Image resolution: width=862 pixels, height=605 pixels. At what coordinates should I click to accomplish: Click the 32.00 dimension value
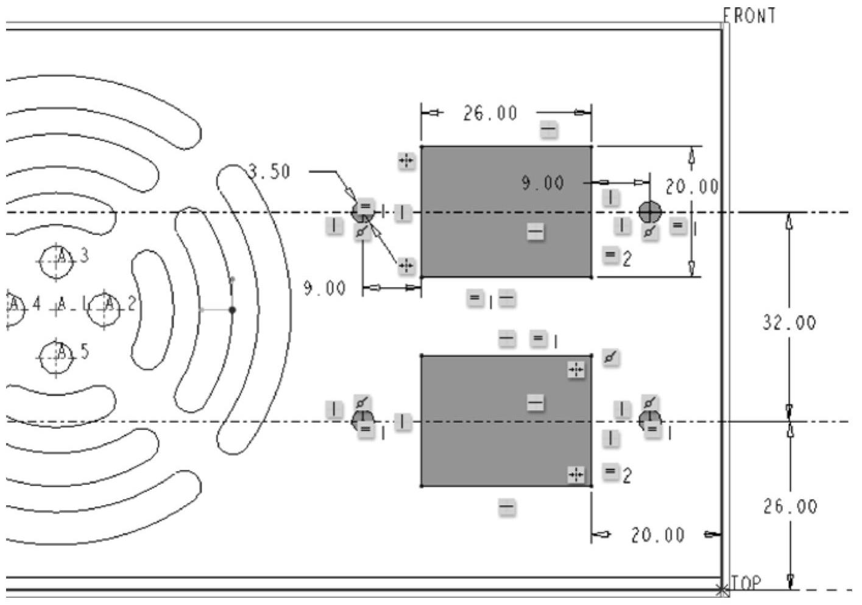tap(789, 323)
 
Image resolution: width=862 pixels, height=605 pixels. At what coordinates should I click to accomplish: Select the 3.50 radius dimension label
tap(270, 172)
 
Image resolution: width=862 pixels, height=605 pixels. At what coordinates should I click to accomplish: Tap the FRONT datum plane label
tap(750, 15)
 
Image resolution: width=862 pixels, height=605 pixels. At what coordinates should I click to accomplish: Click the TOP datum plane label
tap(746, 583)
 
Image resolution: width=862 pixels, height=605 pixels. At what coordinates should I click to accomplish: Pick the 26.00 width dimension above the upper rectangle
tap(490, 113)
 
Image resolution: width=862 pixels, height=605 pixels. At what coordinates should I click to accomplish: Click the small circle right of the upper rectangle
tap(650, 212)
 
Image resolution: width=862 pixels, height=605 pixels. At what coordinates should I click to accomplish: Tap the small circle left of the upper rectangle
tap(363, 213)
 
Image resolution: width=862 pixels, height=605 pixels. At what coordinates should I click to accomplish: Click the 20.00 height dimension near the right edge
tap(691, 187)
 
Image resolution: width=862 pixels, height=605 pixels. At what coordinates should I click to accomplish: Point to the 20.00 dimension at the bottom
tap(657, 536)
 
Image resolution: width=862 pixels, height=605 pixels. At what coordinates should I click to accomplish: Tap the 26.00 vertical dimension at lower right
tap(790, 506)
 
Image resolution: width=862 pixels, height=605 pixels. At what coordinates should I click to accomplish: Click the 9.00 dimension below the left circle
tap(325, 288)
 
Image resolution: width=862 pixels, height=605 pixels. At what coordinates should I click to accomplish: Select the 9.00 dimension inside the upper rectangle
tap(542, 183)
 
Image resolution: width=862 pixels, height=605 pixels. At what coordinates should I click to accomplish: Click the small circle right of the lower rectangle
tap(650, 420)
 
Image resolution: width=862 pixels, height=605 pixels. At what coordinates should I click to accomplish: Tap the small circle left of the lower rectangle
tap(363, 420)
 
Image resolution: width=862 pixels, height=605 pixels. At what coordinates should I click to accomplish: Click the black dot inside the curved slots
tap(232, 310)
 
